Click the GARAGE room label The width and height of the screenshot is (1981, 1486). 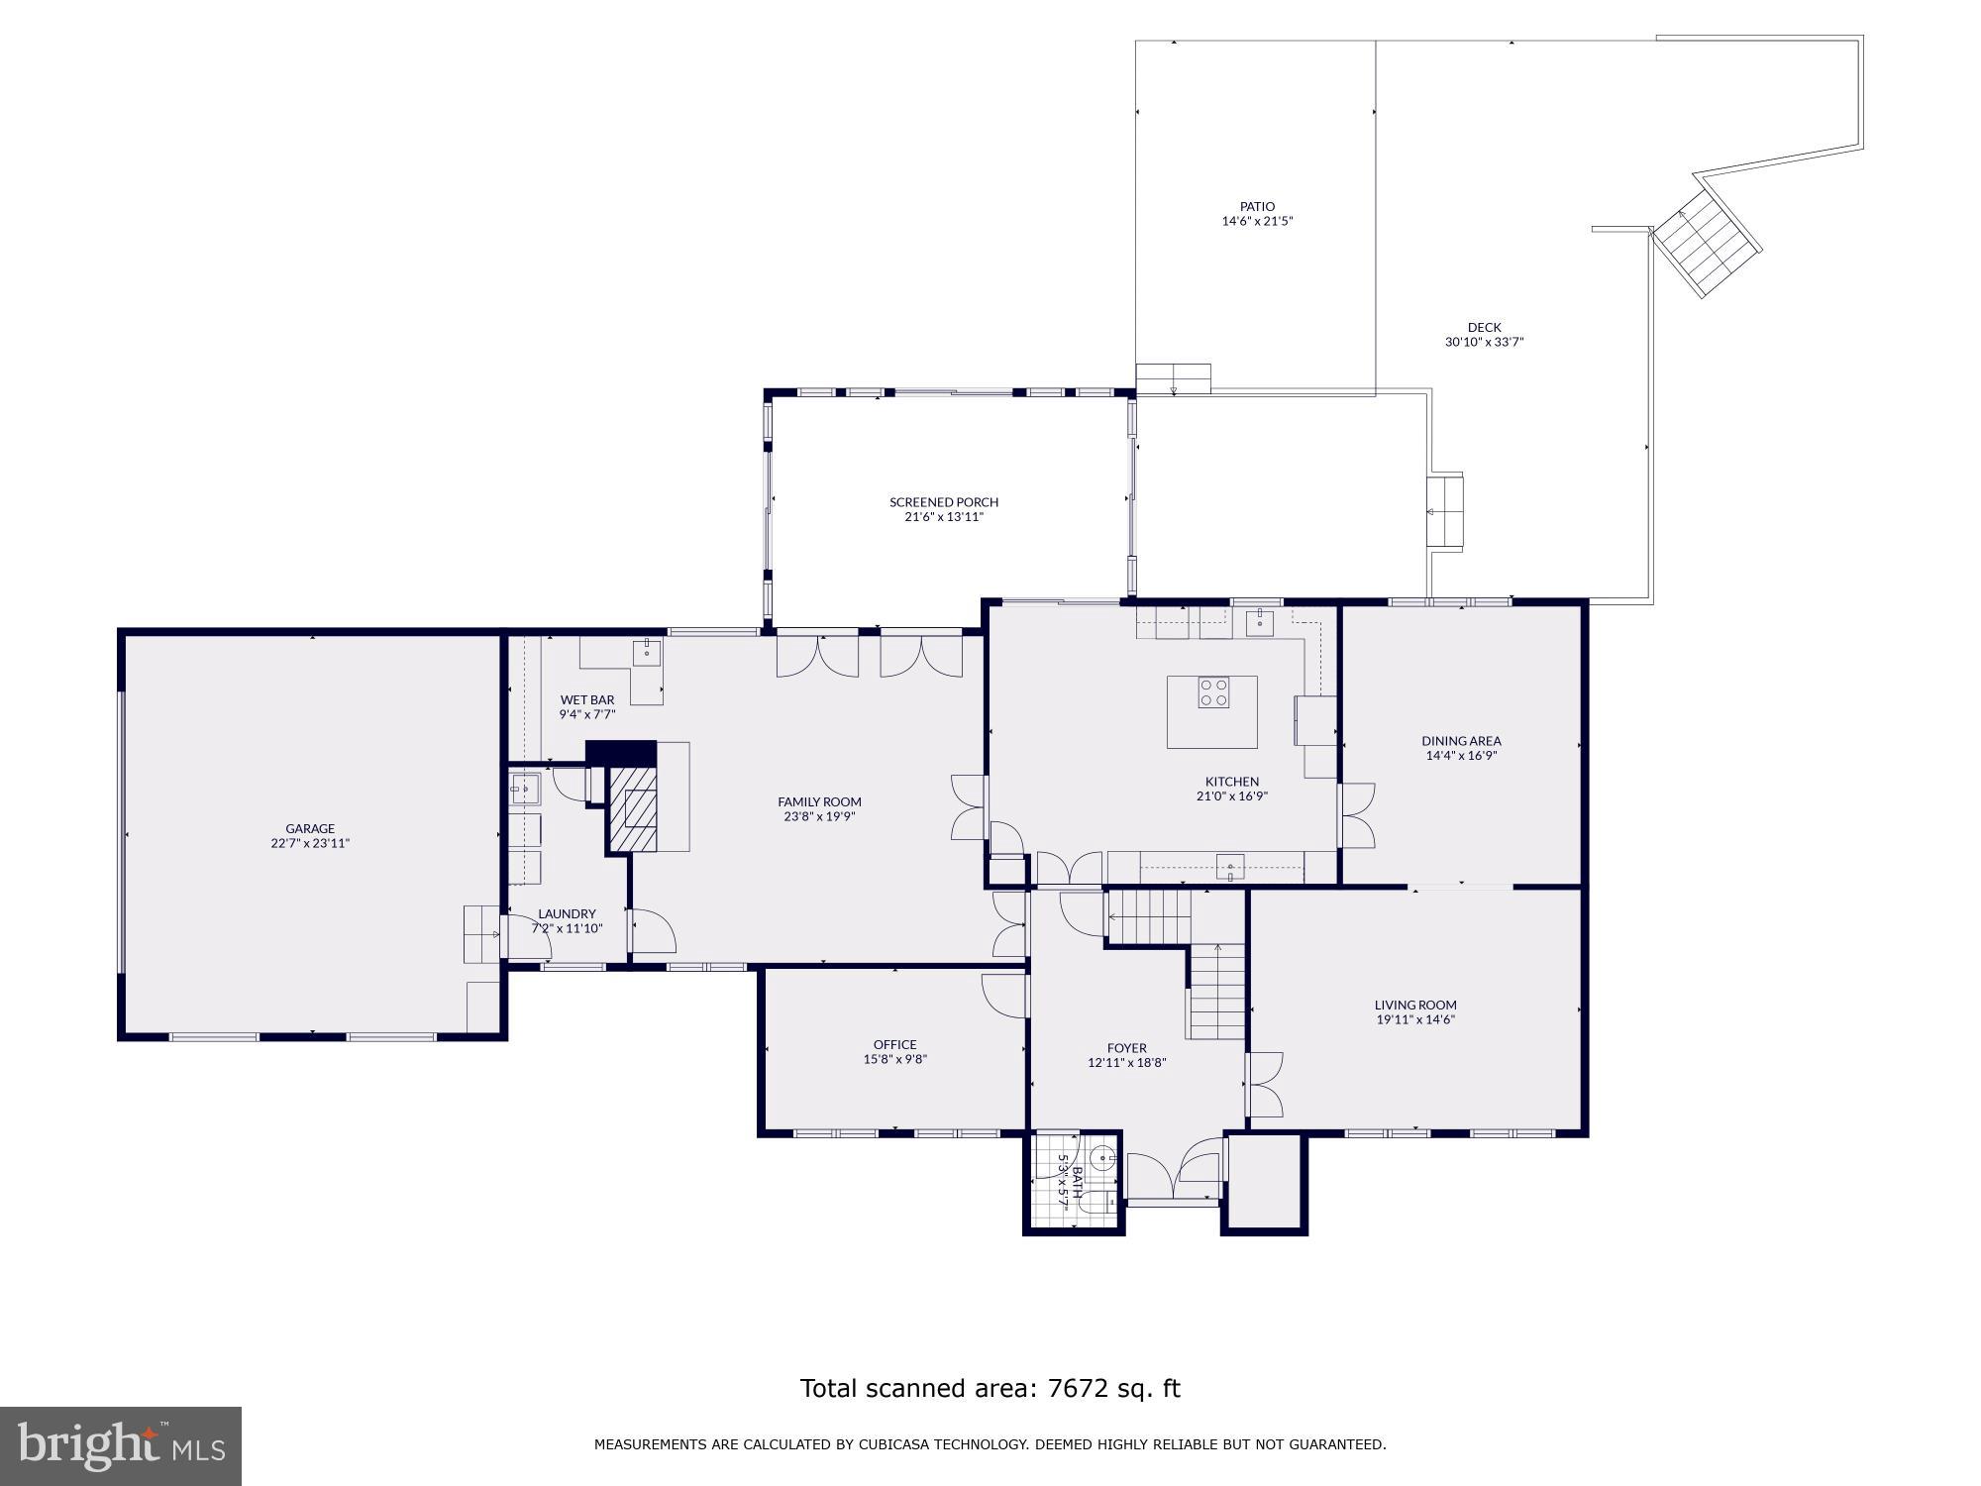(x=310, y=828)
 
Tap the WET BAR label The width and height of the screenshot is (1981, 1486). (x=587, y=699)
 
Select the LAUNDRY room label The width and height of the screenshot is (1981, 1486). (x=567, y=913)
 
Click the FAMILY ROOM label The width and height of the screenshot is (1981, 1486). (x=819, y=801)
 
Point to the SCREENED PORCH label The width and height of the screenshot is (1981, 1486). (x=944, y=502)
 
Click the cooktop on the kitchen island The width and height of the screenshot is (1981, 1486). (x=1213, y=691)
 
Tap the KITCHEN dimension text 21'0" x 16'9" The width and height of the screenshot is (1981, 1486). (x=1232, y=796)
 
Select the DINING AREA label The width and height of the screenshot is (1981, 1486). (x=1461, y=740)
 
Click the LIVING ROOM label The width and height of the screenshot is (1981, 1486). (x=1415, y=1005)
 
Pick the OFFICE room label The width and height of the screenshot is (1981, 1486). (x=894, y=1044)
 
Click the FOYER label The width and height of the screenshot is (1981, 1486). (x=1126, y=1047)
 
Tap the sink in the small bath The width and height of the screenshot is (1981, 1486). (x=1102, y=1156)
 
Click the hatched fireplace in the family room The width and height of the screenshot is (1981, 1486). (x=632, y=808)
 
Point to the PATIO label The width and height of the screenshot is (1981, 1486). (x=1257, y=207)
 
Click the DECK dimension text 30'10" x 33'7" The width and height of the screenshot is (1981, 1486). (x=1484, y=342)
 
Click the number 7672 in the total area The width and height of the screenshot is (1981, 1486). (x=1080, y=1389)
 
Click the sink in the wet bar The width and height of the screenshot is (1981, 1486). (x=647, y=653)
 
